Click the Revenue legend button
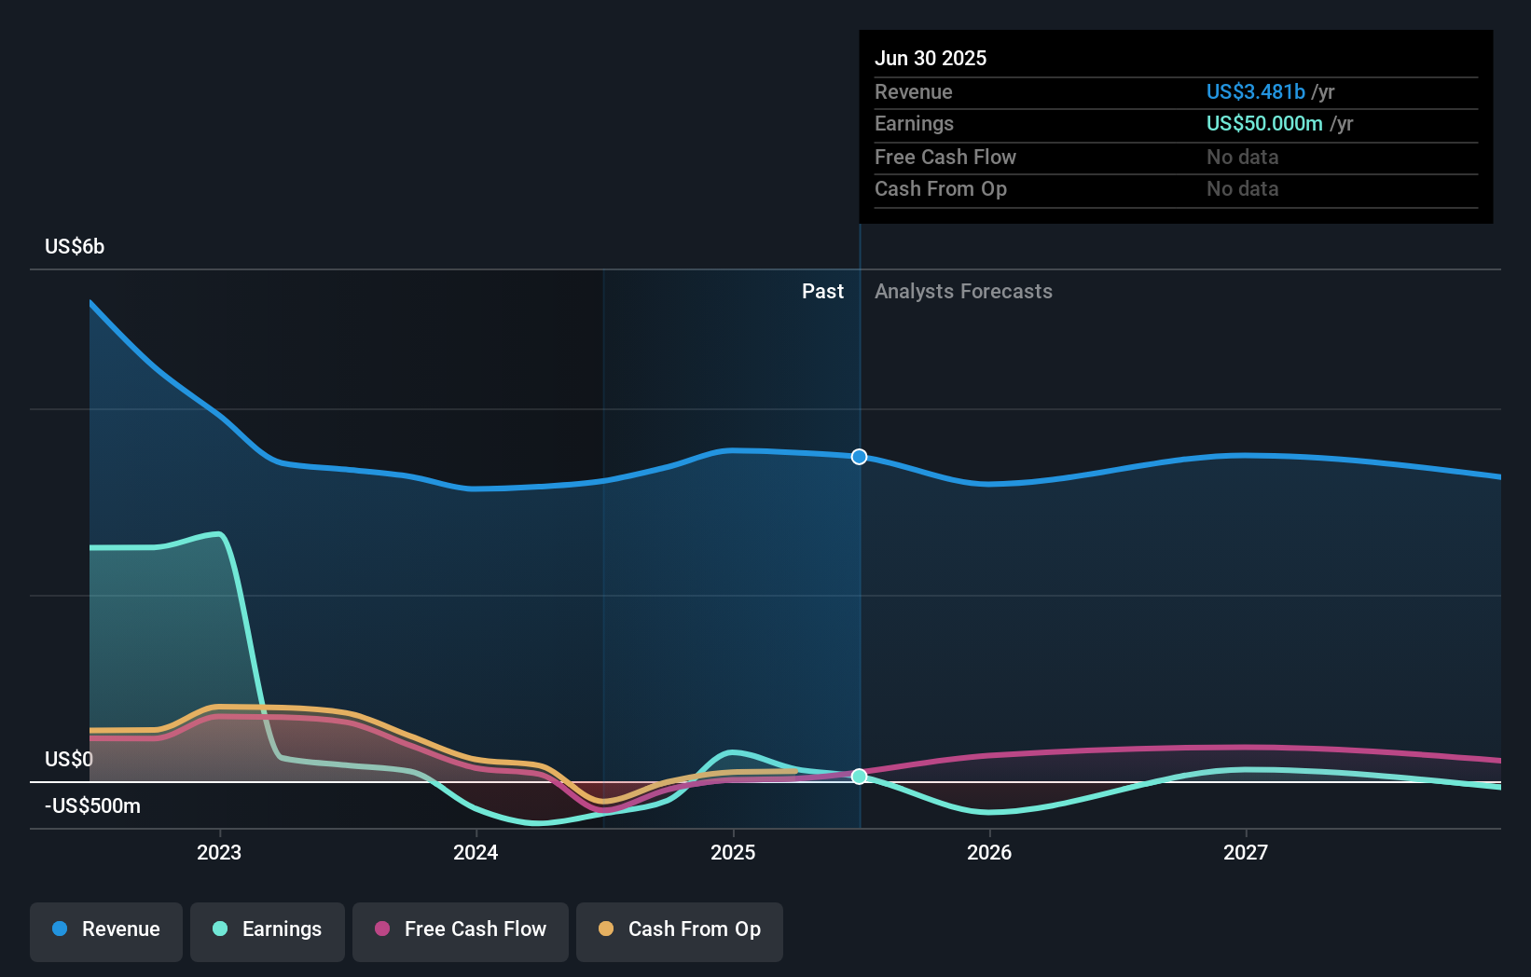point(106,929)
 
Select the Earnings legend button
point(268,929)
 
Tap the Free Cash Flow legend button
point(461,929)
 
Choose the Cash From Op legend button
point(680,929)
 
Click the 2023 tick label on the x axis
point(219,853)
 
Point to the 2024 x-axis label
point(476,853)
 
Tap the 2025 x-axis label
point(733,853)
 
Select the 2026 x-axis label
point(989,853)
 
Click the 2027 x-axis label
point(1246,853)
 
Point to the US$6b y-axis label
point(75,247)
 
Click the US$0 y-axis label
point(69,760)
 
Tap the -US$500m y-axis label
point(92,806)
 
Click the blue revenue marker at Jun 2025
point(860,457)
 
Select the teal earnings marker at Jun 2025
point(860,777)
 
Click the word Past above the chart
point(822,292)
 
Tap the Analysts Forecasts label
point(963,292)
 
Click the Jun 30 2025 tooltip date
point(931,59)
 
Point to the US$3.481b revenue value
point(1255,92)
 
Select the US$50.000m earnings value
point(1264,124)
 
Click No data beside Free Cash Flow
point(1242,158)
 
